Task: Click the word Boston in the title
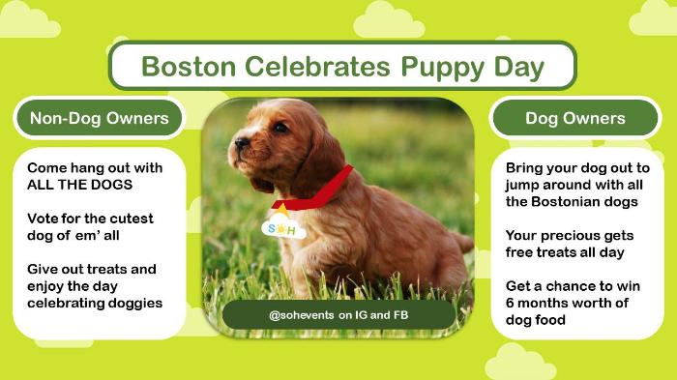pyautogui.click(x=189, y=67)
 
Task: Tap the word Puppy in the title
pyautogui.click(x=443, y=69)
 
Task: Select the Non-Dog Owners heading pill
pyautogui.click(x=100, y=118)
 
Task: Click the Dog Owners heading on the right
pyautogui.click(x=575, y=118)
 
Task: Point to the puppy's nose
pyautogui.click(x=242, y=143)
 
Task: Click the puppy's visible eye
pyautogui.click(x=280, y=128)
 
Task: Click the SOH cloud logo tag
pyautogui.click(x=283, y=226)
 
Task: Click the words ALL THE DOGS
pyautogui.click(x=80, y=185)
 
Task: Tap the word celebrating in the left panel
pyautogui.click(x=66, y=304)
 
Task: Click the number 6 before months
pyautogui.click(x=510, y=303)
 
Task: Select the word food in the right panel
pyautogui.click(x=551, y=319)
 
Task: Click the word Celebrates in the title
pyautogui.click(x=318, y=67)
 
